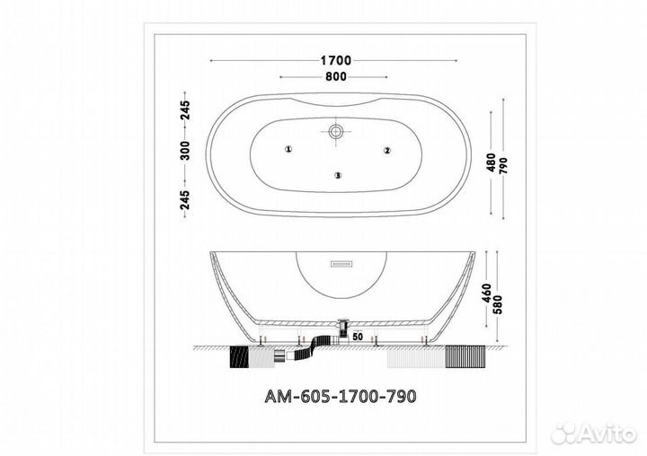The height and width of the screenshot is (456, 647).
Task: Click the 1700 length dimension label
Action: (x=336, y=61)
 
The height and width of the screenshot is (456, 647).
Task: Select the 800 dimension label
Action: (x=336, y=76)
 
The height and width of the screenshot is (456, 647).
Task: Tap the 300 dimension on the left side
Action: (x=186, y=151)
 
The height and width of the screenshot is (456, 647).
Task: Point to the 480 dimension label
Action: (x=491, y=162)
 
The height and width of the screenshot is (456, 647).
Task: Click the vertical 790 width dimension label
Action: (x=504, y=166)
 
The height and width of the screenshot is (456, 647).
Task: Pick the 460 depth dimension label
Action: (x=487, y=294)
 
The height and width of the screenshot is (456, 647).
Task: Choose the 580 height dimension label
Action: (x=498, y=304)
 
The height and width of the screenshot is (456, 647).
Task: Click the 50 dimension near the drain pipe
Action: (x=358, y=337)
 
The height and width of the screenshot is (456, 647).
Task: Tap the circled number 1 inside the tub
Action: (x=288, y=149)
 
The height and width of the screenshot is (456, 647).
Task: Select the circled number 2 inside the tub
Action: (x=387, y=151)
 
